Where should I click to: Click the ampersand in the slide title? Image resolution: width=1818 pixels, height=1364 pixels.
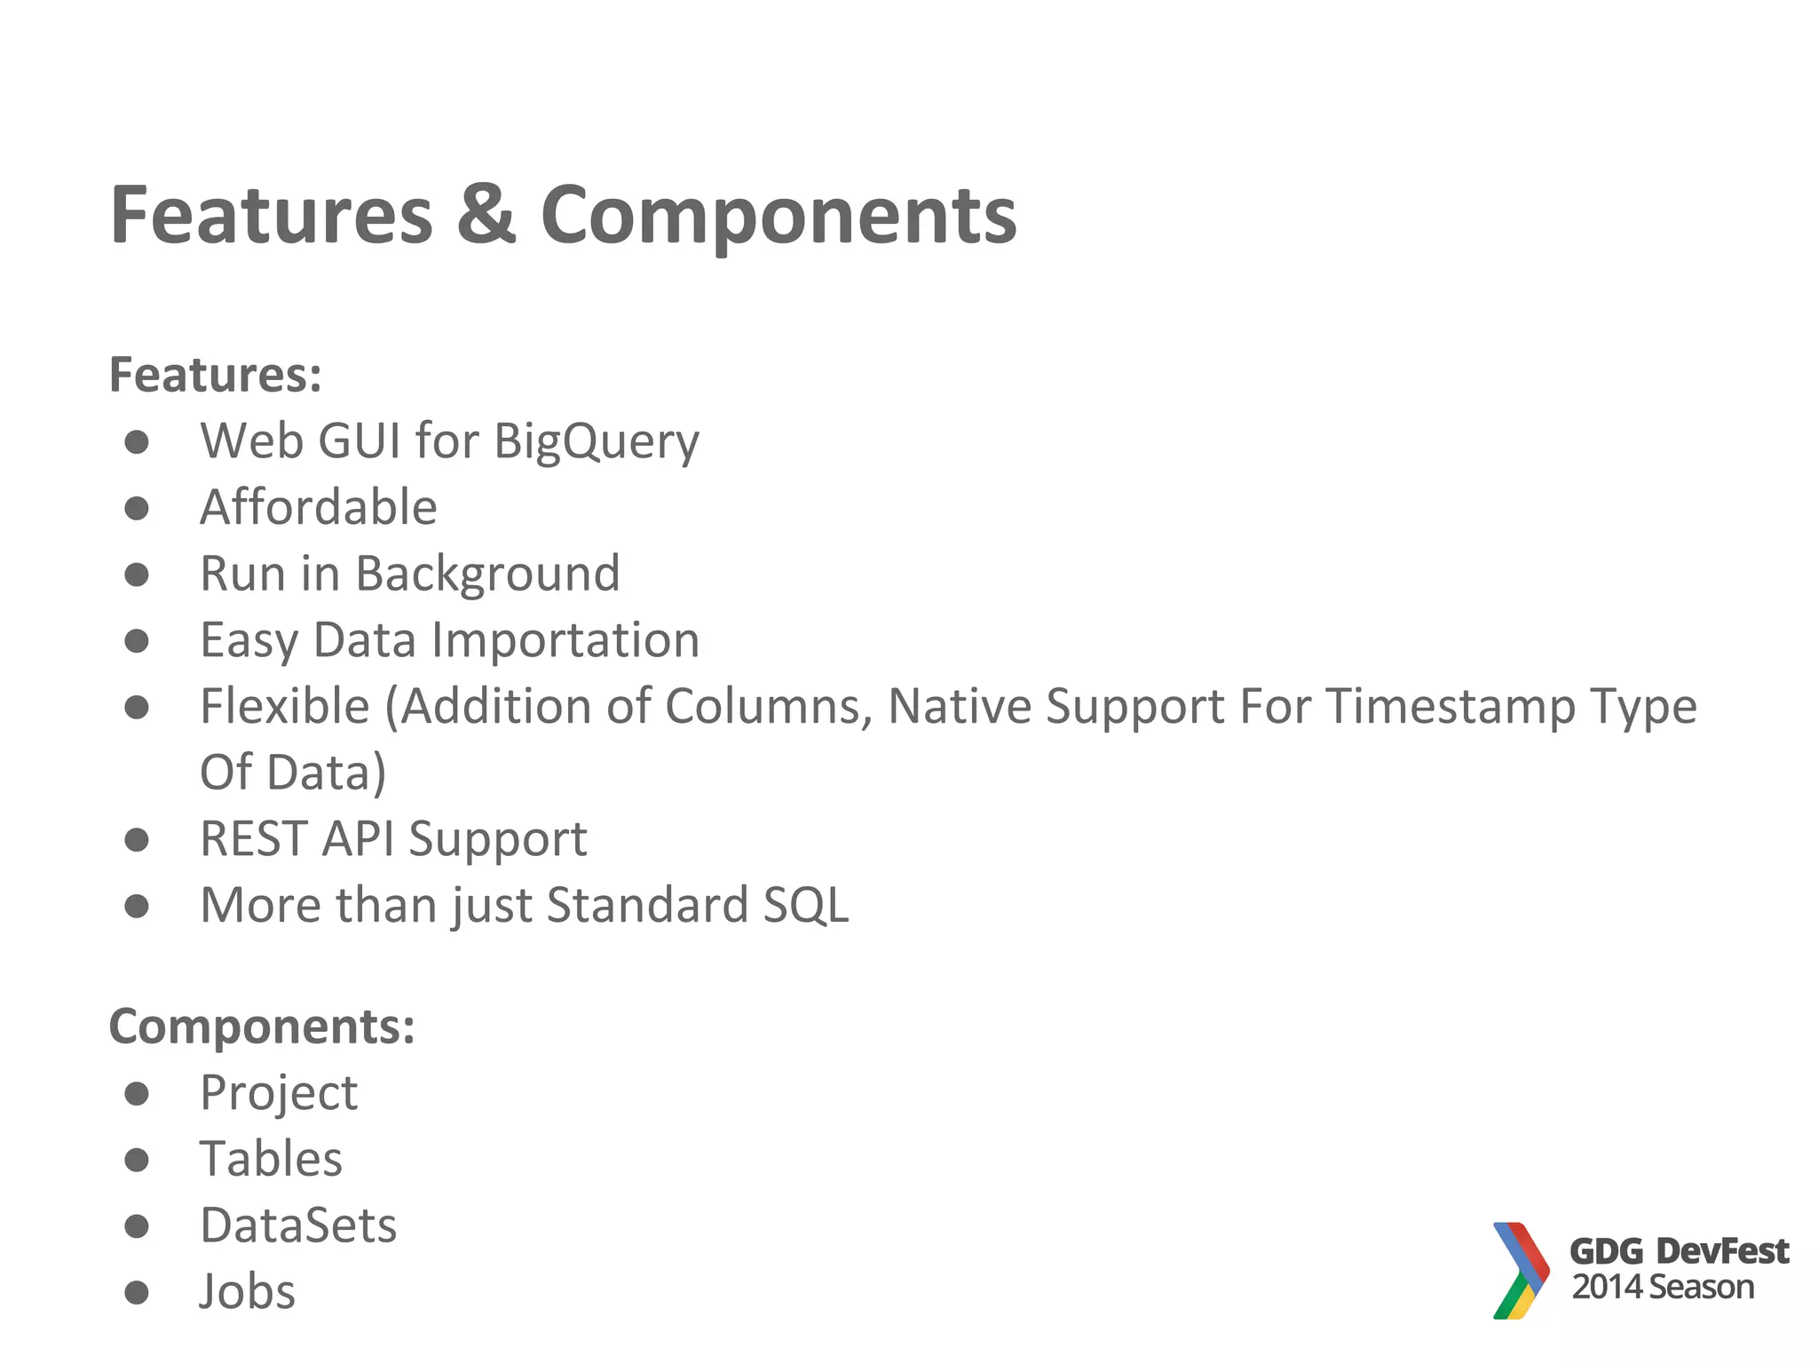[x=486, y=215]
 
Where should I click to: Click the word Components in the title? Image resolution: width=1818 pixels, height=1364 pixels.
[x=779, y=217]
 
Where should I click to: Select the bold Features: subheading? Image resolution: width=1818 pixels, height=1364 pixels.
[x=215, y=375]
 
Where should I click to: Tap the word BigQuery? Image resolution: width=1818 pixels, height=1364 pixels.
[x=597, y=441]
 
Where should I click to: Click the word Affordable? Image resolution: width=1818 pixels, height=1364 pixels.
[x=319, y=507]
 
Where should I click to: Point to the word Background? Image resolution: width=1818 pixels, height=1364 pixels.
[x=487, y=574]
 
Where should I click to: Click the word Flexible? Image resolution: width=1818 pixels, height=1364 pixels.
[x=284, y=707]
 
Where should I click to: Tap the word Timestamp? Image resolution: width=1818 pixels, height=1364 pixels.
[x=1450, y=708]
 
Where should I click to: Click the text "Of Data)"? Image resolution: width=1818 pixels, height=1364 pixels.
[x=293, y=773]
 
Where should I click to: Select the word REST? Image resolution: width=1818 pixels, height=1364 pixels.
[x=254, y=839]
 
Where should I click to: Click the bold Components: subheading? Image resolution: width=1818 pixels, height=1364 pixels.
[x=262, y=1027]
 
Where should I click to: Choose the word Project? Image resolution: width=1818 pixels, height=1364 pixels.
[x=279, y=1093]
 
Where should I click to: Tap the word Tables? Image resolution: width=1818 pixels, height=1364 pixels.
[x=271, y=1160]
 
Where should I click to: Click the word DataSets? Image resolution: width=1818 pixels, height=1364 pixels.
[x=298, y=1226]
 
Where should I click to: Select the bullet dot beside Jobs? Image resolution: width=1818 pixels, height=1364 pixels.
[x=136, y=1292]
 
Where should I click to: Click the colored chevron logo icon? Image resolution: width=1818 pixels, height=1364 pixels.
[x=1520, y=1271]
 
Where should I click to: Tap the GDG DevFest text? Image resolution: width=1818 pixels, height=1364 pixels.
[x=1679, y=1251]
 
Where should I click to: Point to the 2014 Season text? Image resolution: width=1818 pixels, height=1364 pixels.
[x=1663, y=1288]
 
